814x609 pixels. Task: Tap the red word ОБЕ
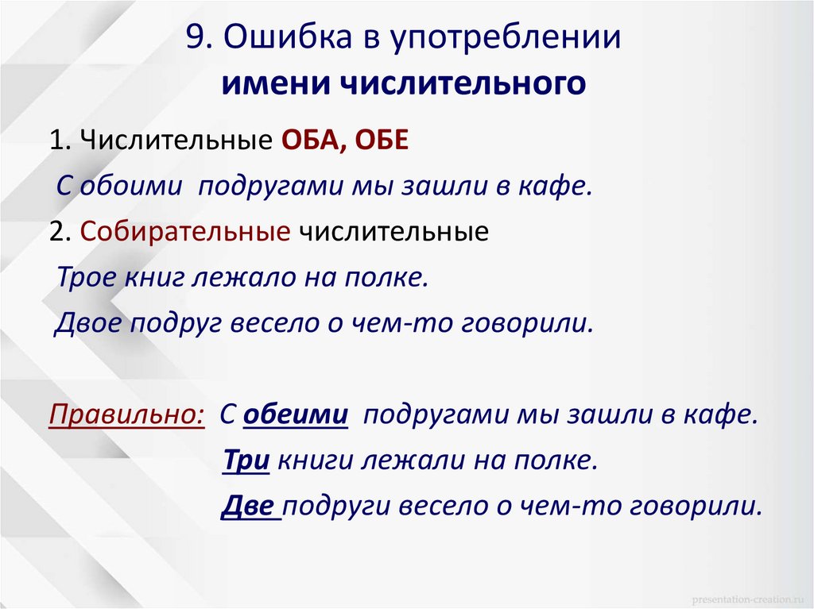point(381,142)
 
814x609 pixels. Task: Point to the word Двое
point(85,324)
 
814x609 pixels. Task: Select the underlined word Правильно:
point(126,415)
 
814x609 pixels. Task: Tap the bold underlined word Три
point(245,461)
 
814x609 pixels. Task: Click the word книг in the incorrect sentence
point(154,278)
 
